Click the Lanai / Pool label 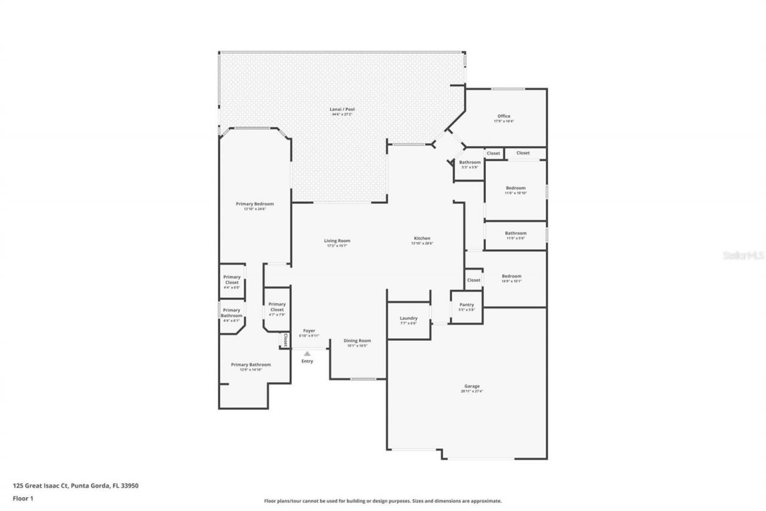tap(339, 111)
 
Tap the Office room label tap(503, 118)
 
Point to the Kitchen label tap(421, 240)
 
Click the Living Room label tap(338, 243)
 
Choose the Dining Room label tap(357, 343)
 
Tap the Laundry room tap(408, 320)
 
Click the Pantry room tap(466, 307)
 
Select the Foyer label tap(309, 332)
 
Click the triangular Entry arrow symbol tap(307, 354)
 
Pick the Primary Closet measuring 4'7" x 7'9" tap(277, 309)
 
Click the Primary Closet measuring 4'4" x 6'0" tap(232, 282)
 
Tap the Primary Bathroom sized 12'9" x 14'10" tap(251, 367)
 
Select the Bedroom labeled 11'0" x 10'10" tap(515, 190)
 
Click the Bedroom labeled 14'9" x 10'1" tap(511, 278)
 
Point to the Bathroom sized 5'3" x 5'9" tap(470, 164)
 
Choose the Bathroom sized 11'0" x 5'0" tap(515, 235)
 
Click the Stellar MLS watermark tap(743, 255)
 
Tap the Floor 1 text tap(23, 498)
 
